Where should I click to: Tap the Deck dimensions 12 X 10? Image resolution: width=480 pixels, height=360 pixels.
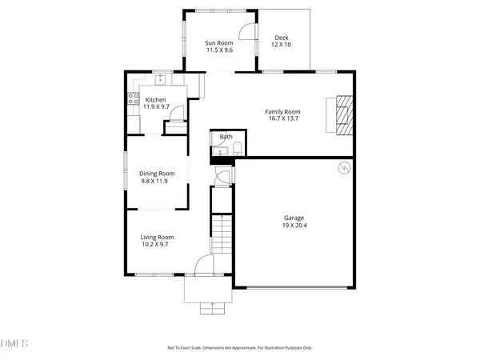point(282,45)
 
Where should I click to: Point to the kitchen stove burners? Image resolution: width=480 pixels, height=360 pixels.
point(133,101)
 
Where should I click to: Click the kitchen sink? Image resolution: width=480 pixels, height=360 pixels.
point(160,79)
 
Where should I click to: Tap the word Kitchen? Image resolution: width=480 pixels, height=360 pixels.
point(155,99)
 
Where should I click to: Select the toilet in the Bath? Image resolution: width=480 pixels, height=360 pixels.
point(238,147)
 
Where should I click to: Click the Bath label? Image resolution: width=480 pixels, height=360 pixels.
point(226,137)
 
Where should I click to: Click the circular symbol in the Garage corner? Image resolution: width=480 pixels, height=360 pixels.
point(343,168)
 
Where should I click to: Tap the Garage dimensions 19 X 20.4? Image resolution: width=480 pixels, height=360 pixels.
point(294,226)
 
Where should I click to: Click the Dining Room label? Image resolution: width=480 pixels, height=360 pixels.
point(157,174)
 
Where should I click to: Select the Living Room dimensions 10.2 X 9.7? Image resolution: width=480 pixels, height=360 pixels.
point(157,245)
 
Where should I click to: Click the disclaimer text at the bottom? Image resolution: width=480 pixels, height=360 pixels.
point(239,348)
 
